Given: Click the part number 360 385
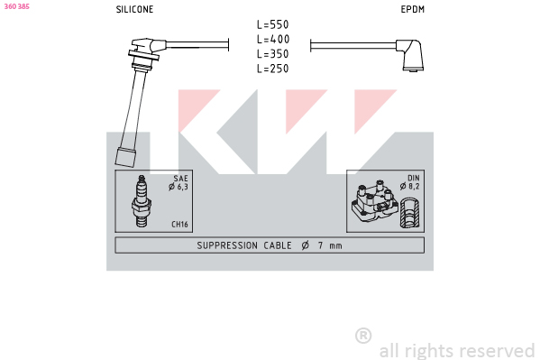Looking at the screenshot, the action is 16,6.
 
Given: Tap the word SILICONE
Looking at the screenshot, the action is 134,9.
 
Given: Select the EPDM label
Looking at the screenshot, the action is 413,9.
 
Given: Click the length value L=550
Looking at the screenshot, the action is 273,24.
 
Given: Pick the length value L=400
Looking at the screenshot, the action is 273,40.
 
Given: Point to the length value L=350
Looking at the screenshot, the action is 273,54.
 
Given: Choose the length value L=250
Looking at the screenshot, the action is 273,69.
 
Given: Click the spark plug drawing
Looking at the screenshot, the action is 142,201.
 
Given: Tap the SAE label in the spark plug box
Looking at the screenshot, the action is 181,179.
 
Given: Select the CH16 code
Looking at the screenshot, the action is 179,224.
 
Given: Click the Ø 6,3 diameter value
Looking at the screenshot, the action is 178,187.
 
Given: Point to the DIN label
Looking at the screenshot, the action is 414,178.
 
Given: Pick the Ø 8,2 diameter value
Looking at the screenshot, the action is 410,187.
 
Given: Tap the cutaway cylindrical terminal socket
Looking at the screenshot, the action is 410,213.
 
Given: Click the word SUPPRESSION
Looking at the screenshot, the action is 227,245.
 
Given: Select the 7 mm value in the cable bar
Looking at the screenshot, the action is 330,245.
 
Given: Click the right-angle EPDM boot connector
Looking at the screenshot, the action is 410,55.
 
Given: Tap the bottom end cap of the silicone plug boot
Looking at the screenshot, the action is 125,158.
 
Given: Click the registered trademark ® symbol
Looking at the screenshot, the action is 363,336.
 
